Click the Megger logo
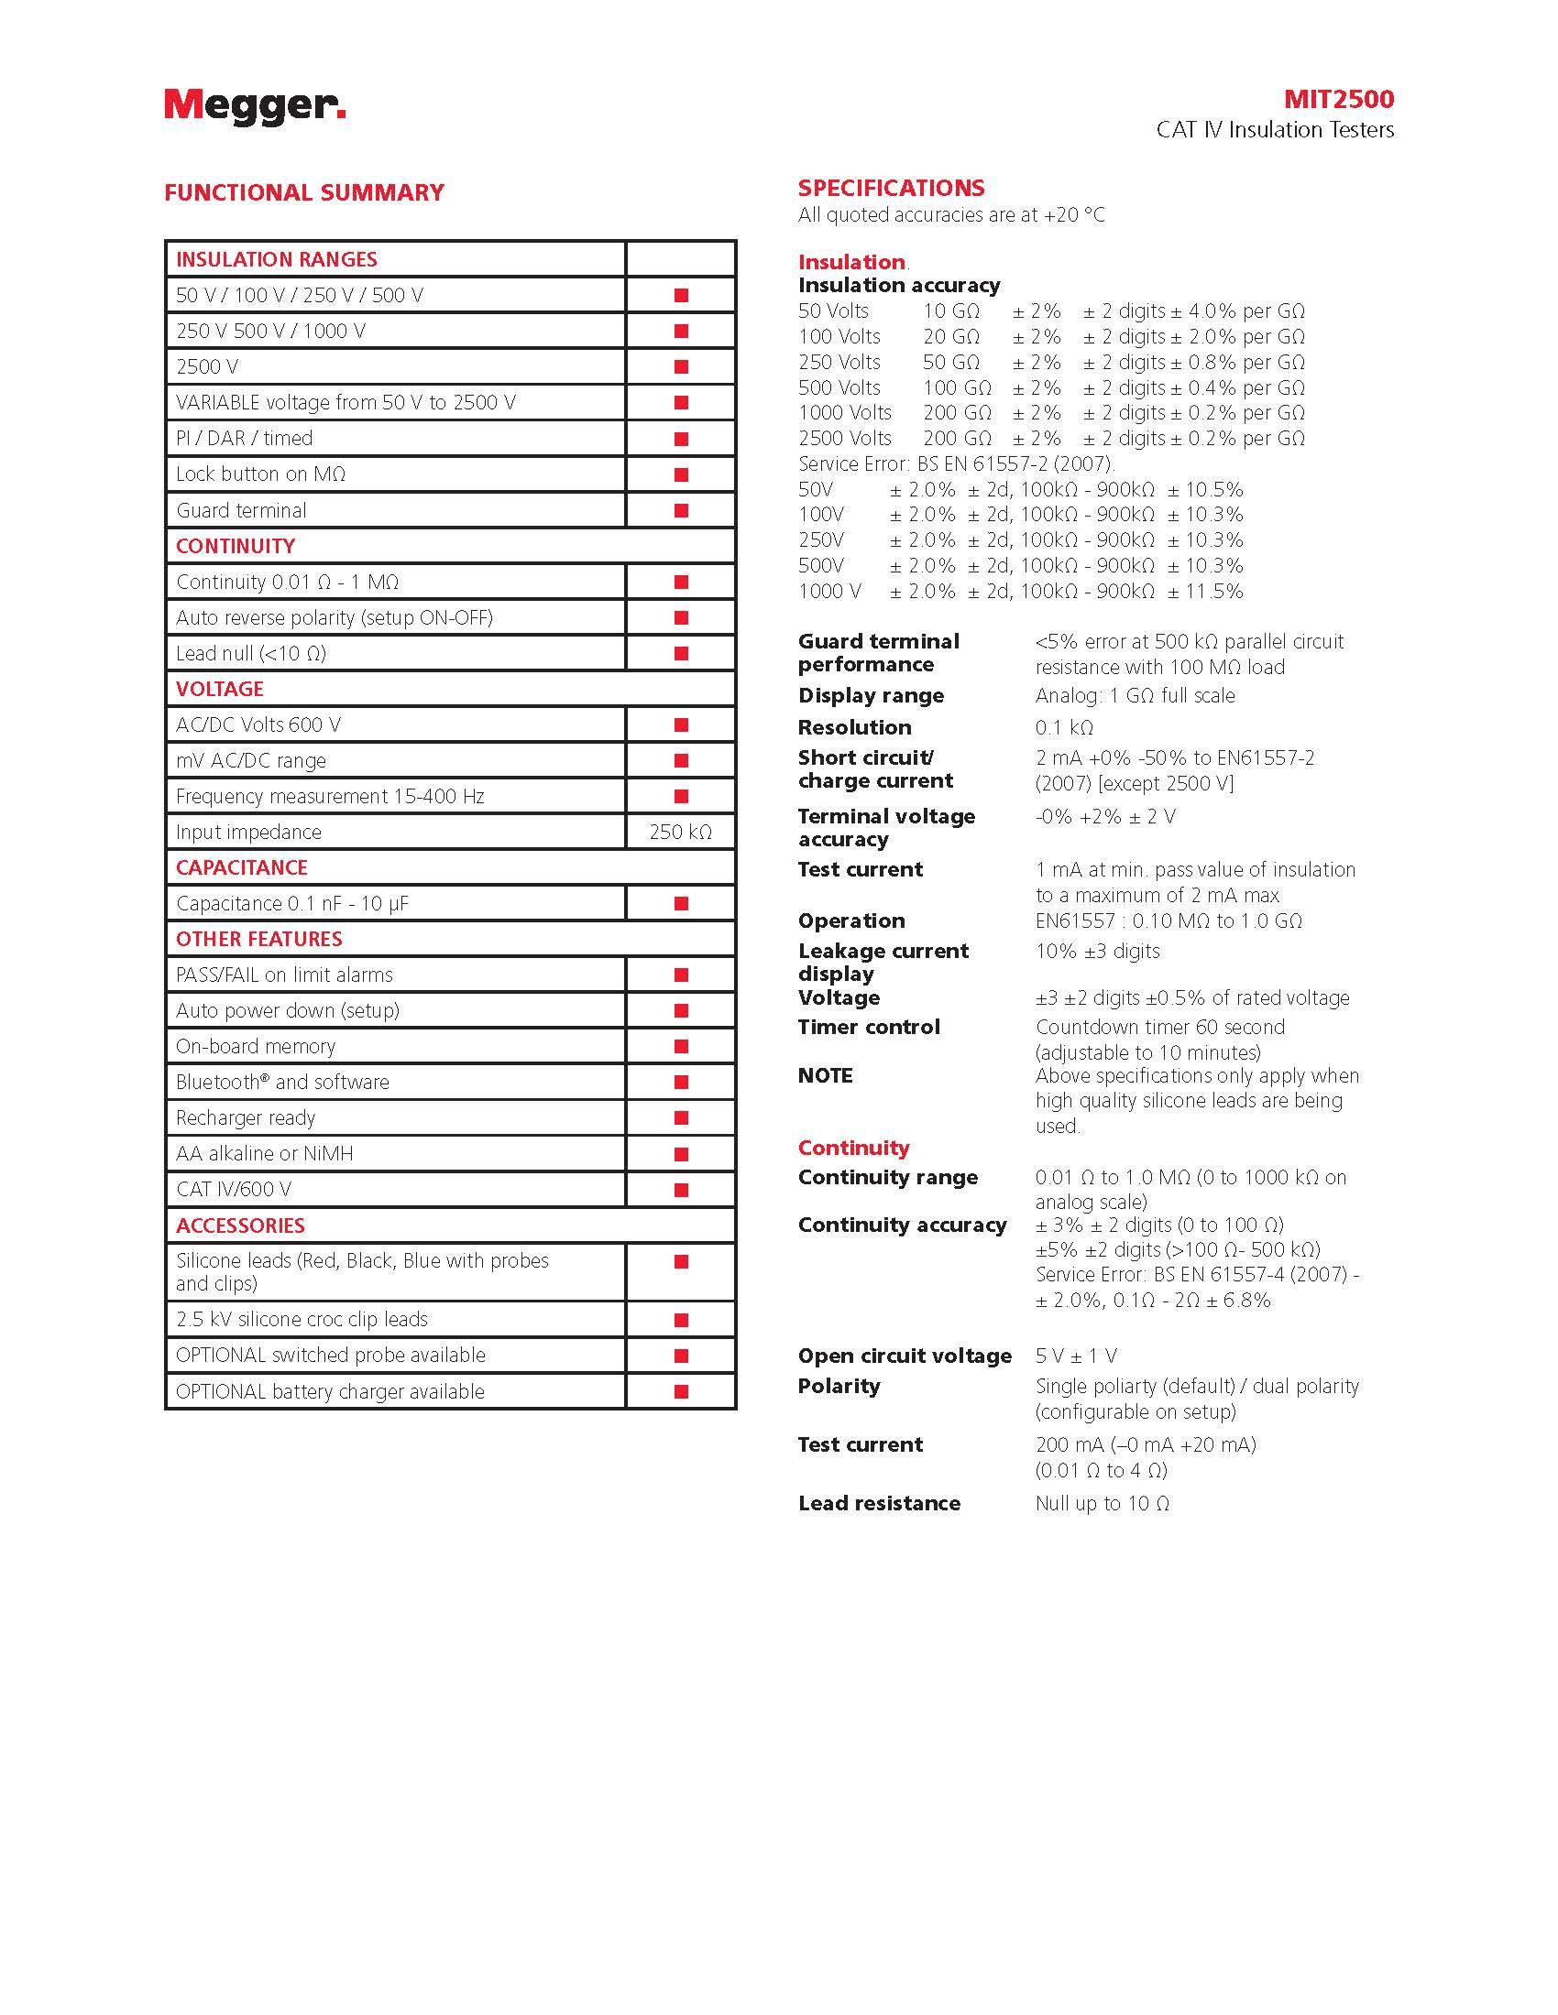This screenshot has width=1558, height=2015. (255, 107)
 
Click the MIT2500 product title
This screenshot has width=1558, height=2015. (1338, 100)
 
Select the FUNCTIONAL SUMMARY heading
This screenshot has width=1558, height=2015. (303, 193)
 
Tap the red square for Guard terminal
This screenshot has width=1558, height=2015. (681, 510)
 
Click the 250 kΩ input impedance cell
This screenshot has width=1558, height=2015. (680, 833)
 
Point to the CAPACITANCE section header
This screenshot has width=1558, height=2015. (242, 867)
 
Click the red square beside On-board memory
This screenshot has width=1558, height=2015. (681, 1046)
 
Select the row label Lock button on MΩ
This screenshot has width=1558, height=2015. (260, 474)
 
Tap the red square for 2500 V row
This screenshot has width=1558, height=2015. (681, 366)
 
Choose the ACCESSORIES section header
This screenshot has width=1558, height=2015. (240, 1225)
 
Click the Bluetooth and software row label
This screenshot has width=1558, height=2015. (282, 1083)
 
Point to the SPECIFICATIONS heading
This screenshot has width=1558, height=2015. (891, 188)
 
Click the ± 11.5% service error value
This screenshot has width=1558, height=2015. (1205, 592)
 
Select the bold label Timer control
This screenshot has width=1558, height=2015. (869, 1027)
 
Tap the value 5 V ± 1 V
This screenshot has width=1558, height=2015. (1076, 1356)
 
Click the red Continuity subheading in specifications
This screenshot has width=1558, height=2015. (854, 1148)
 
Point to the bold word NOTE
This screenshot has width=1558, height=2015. (825, 1076)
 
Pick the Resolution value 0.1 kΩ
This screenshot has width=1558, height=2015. (1064, 727)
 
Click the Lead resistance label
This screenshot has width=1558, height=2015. (879, 1503)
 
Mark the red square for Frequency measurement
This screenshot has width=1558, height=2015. (681, 796)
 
